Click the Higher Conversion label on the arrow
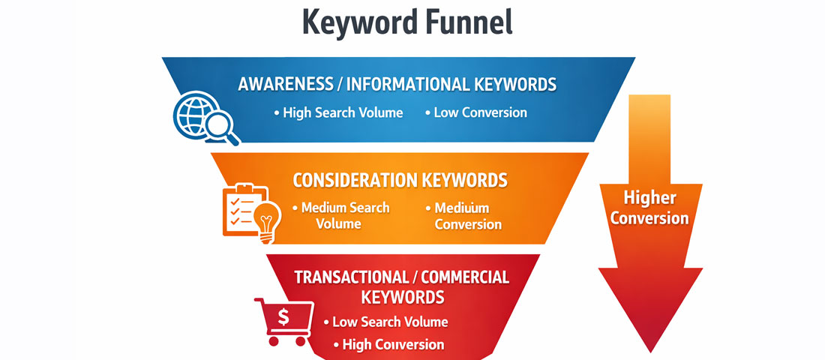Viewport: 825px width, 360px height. coord(649,208)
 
